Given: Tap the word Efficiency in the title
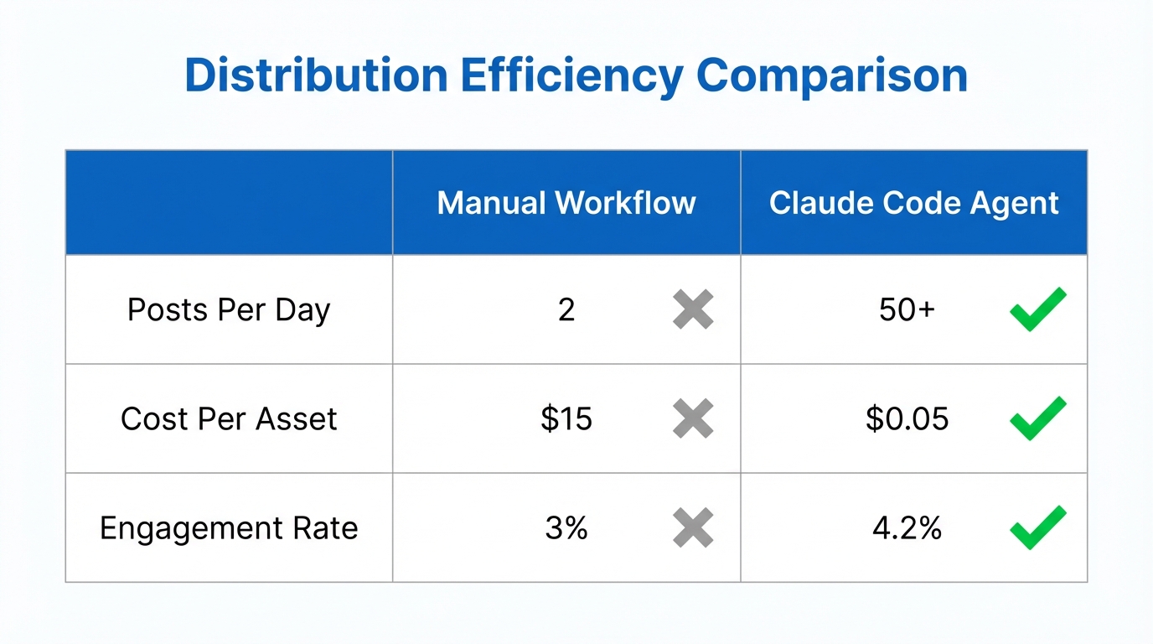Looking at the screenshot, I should pos(571,75).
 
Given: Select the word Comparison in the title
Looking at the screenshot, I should pos(832,75).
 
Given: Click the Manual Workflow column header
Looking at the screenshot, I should pos(566,203).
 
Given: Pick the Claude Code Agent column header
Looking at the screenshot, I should pos(914,203).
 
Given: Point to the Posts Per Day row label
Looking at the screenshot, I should pos(229,309).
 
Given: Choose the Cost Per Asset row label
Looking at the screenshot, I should pos(229,418).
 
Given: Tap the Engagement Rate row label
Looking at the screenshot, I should pos(229,528).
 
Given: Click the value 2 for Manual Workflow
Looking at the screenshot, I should pos(566,309).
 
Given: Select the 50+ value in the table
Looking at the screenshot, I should pos(907,309).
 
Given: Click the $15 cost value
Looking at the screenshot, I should pos(566,418).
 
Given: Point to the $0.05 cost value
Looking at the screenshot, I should pos(907,418).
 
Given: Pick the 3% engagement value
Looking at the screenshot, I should pos(566,528).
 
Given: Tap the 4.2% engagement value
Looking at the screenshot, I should pos(907,528).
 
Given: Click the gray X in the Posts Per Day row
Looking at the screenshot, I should pos(693,309).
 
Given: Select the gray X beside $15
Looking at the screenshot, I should pos(693,418).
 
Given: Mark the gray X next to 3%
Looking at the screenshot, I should pos(693,528).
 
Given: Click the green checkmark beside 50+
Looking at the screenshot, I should pos(1037,309).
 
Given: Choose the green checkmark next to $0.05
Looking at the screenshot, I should pos(1037,418).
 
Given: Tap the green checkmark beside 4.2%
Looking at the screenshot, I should pos(1037,527).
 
